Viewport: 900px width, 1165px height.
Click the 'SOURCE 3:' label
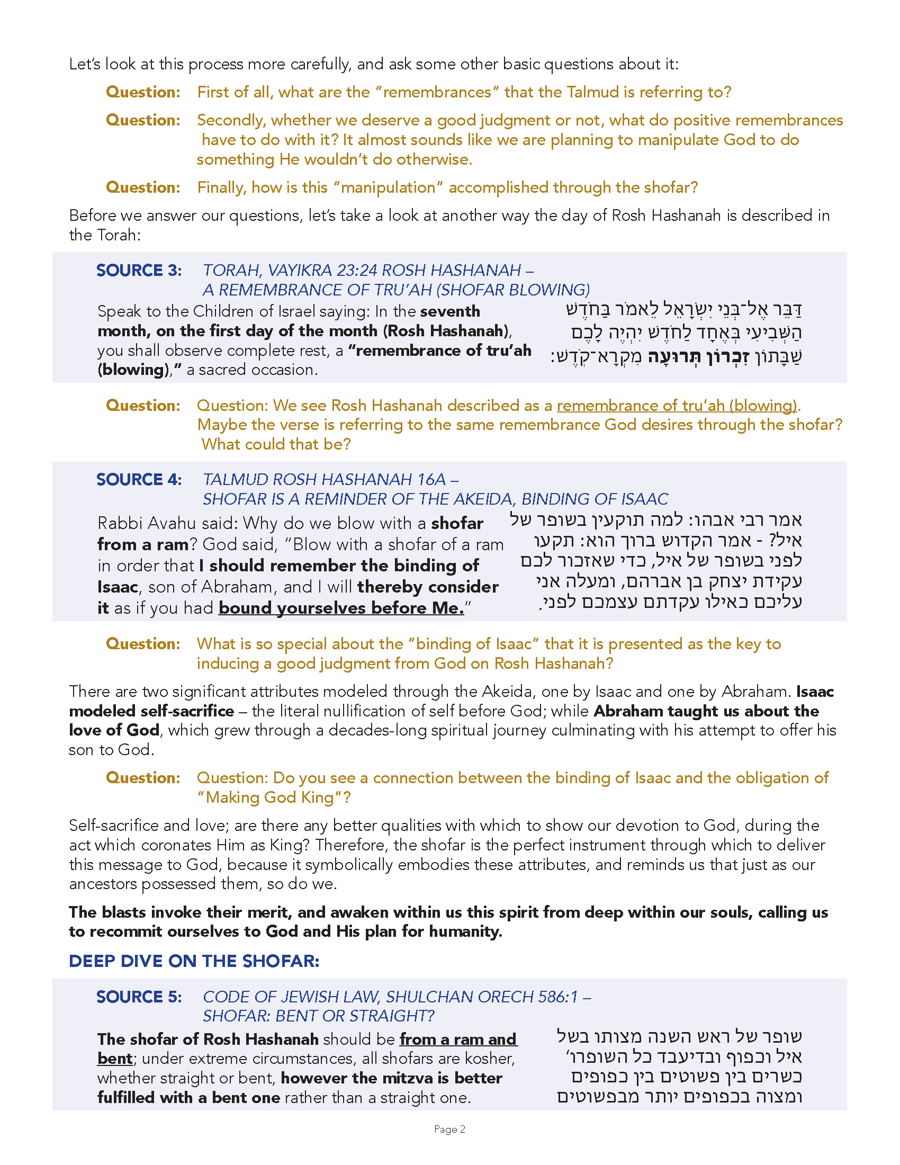[x=139, y=271]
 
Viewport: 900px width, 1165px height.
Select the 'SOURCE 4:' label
[x=139, y=480]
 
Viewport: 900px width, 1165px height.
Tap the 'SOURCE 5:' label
[x=139, y=997]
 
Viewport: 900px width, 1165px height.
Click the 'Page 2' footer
[x=449, y=1130]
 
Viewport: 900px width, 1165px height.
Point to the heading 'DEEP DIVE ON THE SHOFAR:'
[x=194, y=961]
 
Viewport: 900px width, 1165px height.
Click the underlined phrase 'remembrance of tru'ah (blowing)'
[x=677, y=406]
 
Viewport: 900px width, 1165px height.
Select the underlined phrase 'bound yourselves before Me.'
[x=341, y=608]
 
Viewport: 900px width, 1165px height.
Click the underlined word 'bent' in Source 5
[x=115, y=1059]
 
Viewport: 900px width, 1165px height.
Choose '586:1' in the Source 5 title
[x=557, y=997]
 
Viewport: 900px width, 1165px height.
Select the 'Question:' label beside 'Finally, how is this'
[x=143, y=187]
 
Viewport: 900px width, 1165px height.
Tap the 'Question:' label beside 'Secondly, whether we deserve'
[x=143, y=120]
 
